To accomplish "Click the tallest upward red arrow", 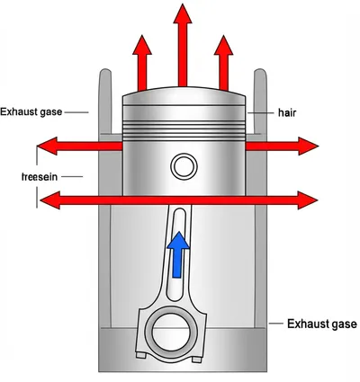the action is [x=183, y=45].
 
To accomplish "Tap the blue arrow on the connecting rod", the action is [x=178, y=254].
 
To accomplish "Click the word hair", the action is [x=287, y=113].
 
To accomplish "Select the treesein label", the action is [x=40, y=177].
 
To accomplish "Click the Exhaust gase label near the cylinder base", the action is [x=322, y=324].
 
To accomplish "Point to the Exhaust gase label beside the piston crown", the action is [x=31, y=112].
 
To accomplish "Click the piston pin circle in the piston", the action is [x=184, y=166].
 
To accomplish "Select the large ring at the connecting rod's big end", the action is [x=171, y=333].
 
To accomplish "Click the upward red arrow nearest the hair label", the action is [x=223, y=63].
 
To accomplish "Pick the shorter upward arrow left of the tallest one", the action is [x=142, y=63].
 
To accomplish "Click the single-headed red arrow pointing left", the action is [x=80, y=147].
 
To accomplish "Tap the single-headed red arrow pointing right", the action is [x=282, y=147].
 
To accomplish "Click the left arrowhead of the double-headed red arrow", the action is [x=49, y=200].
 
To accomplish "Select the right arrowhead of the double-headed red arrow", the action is [x=308, y=200].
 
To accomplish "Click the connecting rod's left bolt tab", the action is [x=141, y=355].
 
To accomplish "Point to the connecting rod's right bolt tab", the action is [x=197, y=360].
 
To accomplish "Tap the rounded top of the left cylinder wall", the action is [x=105, y=73].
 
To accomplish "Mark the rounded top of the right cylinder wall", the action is [x=260, y=73].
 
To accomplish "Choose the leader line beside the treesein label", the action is [x=72, y=177].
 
